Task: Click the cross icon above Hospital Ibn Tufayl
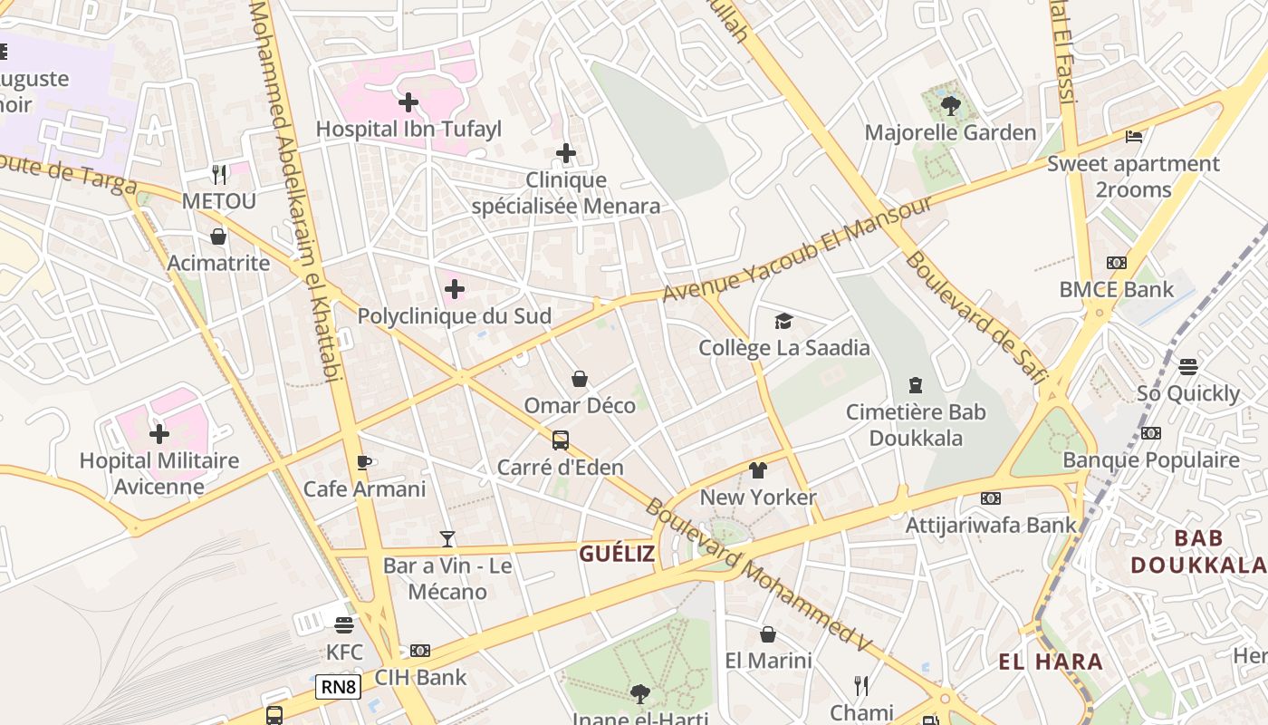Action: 408,102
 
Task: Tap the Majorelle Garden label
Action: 950,132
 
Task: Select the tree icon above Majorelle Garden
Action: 950,106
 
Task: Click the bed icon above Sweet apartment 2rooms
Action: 1133,137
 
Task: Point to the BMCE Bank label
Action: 1116,290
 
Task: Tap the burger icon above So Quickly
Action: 1188,366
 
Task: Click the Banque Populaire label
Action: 1151,459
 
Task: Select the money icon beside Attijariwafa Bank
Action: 991,498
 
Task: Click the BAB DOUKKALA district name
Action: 1198,551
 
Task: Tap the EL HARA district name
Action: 1051,662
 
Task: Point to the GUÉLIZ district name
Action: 617,554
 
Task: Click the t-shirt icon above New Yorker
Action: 758,469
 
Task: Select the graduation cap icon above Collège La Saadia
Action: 783,321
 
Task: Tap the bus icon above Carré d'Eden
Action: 561,440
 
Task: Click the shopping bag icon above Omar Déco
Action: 580,378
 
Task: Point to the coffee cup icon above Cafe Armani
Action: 364,462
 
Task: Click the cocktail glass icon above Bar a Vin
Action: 447,539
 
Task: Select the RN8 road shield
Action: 339,687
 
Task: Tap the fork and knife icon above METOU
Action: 219,174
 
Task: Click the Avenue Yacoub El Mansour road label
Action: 797,250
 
